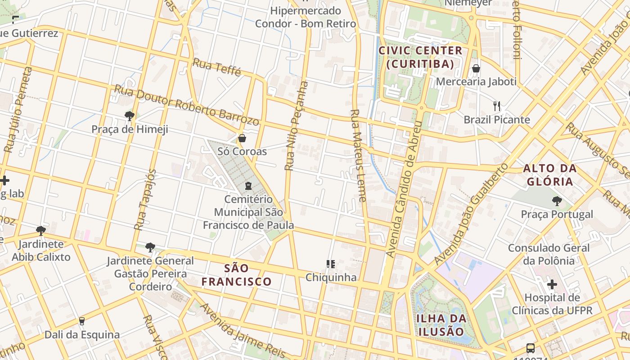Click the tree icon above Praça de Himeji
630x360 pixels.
pos(130,116)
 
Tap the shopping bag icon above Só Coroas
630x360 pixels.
pos(242,138)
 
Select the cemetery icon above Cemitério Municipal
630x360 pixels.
pos(248,185)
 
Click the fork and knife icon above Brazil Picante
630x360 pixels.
pos(497,106)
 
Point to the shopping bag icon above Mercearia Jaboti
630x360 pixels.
pos(476,69)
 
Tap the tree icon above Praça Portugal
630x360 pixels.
pos(557,201)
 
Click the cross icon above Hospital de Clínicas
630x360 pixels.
pos(552,284)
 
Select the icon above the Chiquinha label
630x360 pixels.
pos(331,264)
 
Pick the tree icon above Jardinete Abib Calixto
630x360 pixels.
pos(41,231)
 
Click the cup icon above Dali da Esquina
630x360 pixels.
pos(82,321)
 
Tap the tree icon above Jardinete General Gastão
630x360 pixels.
pos(150,247)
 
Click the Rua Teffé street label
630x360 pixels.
pos(217,67)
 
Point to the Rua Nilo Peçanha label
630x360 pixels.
pos(297,126)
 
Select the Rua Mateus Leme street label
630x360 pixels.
pos(359,155)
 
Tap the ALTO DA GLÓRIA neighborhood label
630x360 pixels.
pos(549,175)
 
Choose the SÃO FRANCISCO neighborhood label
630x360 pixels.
pos(236,275)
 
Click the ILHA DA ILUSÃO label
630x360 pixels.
pos(441,325)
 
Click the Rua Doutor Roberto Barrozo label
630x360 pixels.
pos(187,105)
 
